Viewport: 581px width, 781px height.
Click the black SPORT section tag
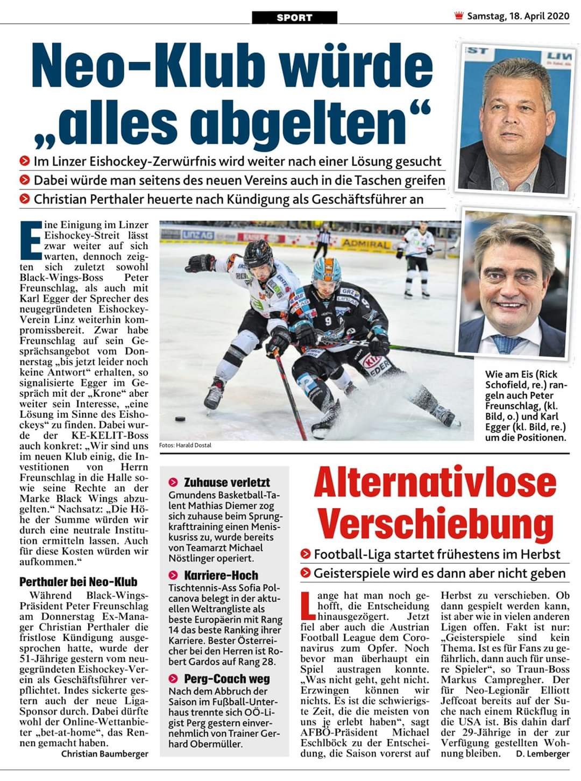(x=294, y=18)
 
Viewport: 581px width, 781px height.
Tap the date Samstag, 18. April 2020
(x=518, y=16)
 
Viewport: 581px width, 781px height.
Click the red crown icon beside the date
(x=459, y=16)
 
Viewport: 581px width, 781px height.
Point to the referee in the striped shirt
(x=323, y=237)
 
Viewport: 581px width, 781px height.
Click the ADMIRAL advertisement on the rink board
(x=367, y=243)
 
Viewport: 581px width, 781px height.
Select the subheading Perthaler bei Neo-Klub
(x=78, y=582)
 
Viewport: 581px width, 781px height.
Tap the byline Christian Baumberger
(x=104, y=754)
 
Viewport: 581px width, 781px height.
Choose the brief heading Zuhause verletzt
(x=226, y=482)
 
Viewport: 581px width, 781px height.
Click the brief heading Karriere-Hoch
(x=221, y=575)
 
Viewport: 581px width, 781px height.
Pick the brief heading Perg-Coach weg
(x=226, y=679)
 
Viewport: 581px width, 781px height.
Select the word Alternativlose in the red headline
(x=435, y=483)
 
